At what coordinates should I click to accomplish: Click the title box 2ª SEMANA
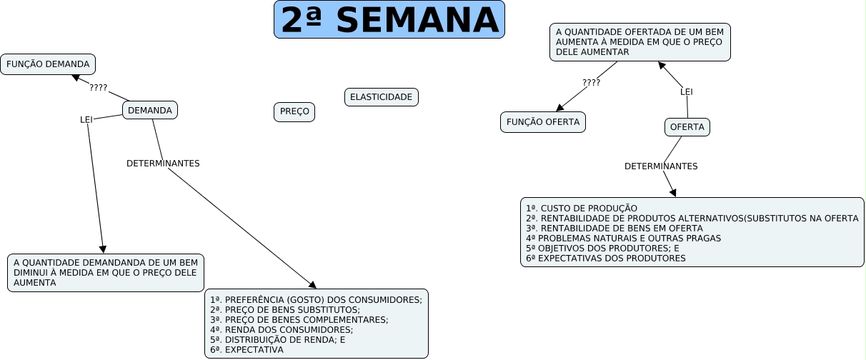point(389,19)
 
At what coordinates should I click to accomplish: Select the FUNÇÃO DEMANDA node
point(48,64)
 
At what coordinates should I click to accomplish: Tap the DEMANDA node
point(150,110)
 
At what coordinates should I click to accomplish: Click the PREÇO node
point(294,112)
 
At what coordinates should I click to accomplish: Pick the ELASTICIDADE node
point(382,97)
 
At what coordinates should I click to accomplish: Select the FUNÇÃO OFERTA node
point(543,122)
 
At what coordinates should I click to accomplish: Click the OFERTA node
point(687,127)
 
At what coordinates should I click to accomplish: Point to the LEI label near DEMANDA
point(86,119)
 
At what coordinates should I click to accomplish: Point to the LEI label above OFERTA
point(687,91)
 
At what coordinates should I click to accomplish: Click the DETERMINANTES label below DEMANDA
point(163,163)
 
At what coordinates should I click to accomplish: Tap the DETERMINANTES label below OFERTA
point(661,166)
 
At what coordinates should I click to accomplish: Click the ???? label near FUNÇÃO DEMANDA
point(99,88)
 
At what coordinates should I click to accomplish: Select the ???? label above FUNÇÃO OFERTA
point(592,82)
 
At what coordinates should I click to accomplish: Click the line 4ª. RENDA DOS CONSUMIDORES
point(282,330)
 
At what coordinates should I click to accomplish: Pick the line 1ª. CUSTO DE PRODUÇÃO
point(582,209)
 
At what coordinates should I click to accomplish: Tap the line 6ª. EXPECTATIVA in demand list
point(247,350)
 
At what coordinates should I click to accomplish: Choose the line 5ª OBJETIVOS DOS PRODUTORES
point(602,249)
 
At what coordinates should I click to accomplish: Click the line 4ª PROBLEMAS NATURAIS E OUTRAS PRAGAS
point(623,239)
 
